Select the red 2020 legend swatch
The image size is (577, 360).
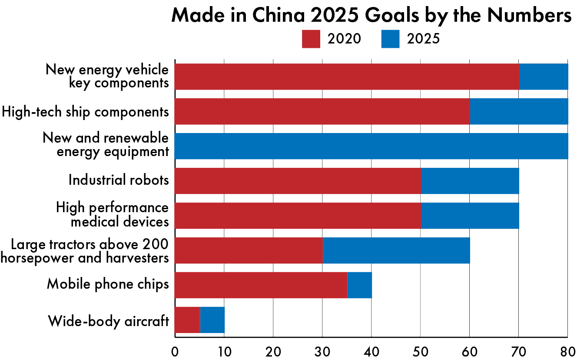point(311,39)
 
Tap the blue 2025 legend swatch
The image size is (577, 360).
point(390,39)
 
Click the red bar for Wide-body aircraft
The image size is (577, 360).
point(187,320)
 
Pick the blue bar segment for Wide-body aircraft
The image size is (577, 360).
point(212,320)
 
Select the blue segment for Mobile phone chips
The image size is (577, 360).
point(359,285)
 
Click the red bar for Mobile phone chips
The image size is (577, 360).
point(261,285)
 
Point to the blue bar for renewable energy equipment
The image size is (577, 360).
point(371,146)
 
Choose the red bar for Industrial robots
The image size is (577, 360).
point(298,181)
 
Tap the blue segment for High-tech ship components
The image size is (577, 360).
point(518,111)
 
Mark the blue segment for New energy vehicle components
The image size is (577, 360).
point(543,77)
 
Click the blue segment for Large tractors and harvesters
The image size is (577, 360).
point(396,250)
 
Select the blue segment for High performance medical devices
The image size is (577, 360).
point(470,216)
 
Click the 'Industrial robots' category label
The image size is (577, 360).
point(119,180)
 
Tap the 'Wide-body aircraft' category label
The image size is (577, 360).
point(108,322)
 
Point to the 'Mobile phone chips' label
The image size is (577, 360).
point(108,284)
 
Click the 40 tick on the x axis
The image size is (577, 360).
point(371,351)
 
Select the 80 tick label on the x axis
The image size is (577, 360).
point(567,351)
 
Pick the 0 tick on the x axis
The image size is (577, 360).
point(175,351)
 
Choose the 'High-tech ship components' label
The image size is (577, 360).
point(85,112)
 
